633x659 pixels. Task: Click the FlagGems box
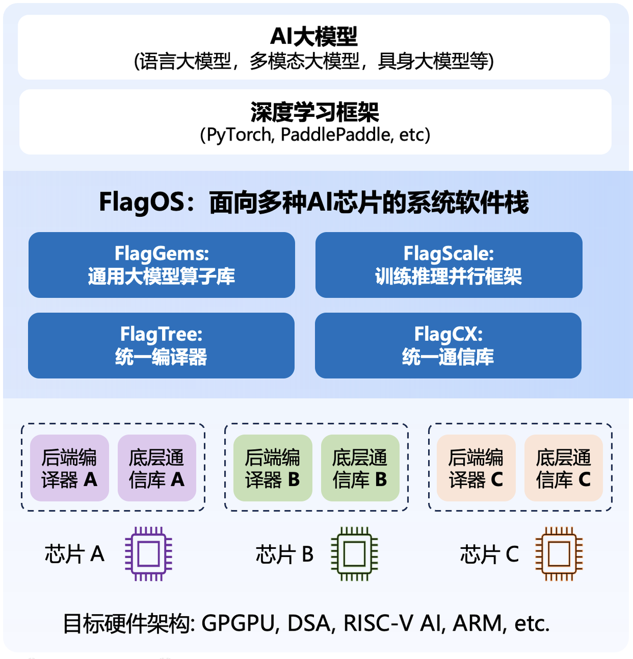click(x=162, y=265)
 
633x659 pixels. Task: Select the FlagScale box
click(x=449, y=265)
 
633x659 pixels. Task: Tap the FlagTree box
click(x=161, y=345)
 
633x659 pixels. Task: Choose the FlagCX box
click(x=448, y=345)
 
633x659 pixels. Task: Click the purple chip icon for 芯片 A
click(x=149, y=554)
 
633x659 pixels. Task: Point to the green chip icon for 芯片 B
click(x=354, y=554)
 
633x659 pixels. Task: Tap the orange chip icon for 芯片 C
click(x=559, y=554)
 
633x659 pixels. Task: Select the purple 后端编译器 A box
click(x=69, y=468)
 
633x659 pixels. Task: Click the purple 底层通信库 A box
click(x=157, y=468)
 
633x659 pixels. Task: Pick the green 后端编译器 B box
click(x=273, y=468)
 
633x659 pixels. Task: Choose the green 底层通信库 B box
click(x=360, y=468)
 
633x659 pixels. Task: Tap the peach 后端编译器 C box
click(x=476, y=468)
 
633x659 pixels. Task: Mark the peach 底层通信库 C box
click(x=564, y=468)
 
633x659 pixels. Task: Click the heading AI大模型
click(x=314, y=37)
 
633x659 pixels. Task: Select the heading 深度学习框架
click(x=315, y=112)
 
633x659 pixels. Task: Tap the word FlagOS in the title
click(x=142, y=202)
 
